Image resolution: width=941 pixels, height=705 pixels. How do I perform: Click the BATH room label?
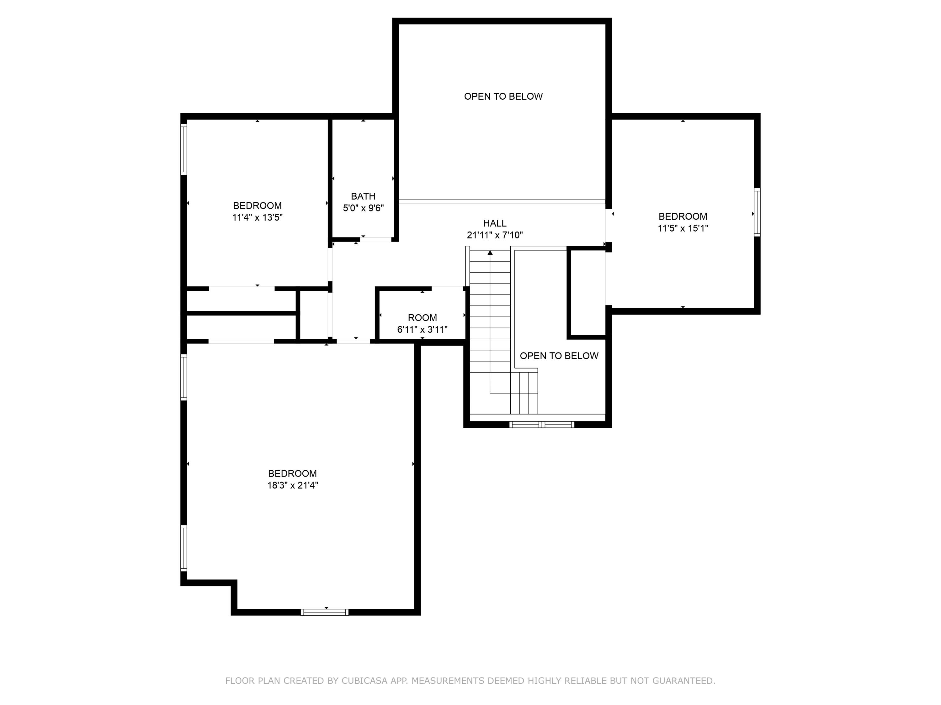point(363,196)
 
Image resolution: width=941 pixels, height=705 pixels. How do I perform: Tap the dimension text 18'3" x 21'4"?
point(293,485)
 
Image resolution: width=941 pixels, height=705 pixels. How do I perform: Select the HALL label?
point(495,223)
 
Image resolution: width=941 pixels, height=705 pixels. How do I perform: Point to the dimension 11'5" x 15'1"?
point(683,228)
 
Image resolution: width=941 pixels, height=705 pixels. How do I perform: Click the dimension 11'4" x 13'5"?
point(258,217)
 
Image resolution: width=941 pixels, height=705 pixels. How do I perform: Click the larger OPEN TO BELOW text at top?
point(503,97)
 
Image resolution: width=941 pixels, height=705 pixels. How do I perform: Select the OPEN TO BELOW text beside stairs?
point(559,356)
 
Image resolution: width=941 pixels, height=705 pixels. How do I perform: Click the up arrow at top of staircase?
point(490,253)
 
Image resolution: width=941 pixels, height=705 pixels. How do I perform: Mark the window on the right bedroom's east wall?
point(757,212)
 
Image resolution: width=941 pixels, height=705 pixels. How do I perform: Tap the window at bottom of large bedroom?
point(325,612)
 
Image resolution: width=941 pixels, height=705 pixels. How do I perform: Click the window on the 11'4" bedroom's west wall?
point(184,149)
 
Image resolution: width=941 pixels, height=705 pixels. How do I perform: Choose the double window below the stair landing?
point(541,424)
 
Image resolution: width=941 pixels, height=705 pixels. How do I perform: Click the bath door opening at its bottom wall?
point(376,240)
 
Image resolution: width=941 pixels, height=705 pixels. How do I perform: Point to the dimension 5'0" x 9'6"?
point(363,208)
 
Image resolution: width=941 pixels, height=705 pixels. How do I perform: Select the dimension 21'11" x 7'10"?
point(495,235)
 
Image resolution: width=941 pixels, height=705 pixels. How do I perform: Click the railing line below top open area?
point(502,202)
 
